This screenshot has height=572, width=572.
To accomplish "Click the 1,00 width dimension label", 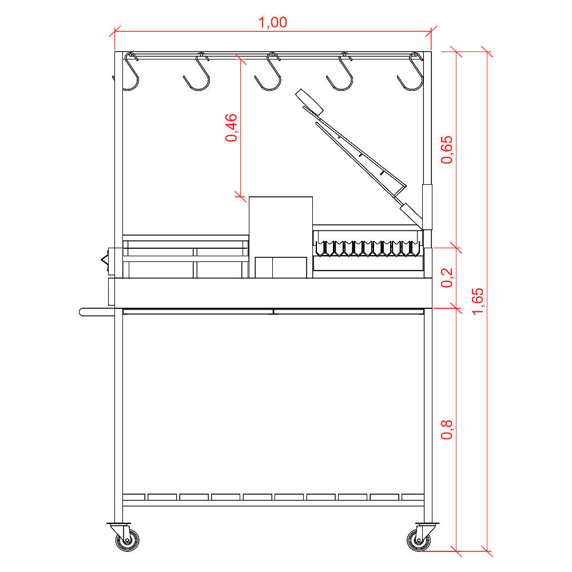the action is [x=272, y=22].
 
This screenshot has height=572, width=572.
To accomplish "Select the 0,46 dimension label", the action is [x=231, y=128].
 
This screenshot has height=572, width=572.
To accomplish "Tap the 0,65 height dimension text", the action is [x=447, y=149].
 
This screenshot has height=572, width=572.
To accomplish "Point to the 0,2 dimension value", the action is [x=447, y=277].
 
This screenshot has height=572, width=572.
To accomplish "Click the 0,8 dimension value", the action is [x=447, y=429].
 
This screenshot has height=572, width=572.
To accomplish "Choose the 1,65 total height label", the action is [x=477, y=301].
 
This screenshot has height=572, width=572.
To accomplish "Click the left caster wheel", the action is [x=127, y=540].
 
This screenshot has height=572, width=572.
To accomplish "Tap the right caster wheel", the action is [x=419, y=540].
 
